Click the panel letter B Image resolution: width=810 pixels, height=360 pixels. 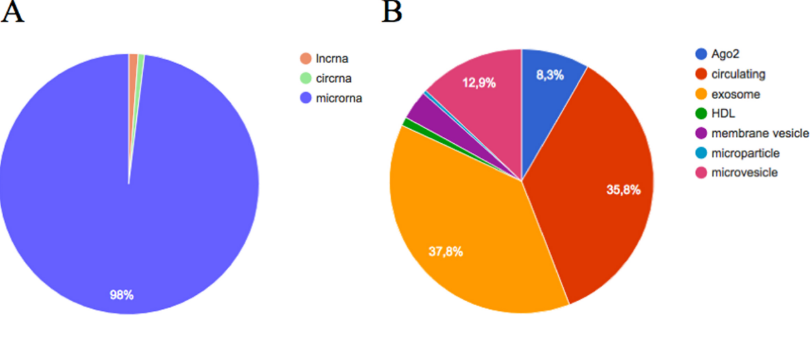[392, 12]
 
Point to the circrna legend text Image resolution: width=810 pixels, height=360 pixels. [333, 79]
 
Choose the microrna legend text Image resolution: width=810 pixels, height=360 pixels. [338, 98]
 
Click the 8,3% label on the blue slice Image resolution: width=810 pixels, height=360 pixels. [549, 75]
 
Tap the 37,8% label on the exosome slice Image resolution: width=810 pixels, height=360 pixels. [445, 251]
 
